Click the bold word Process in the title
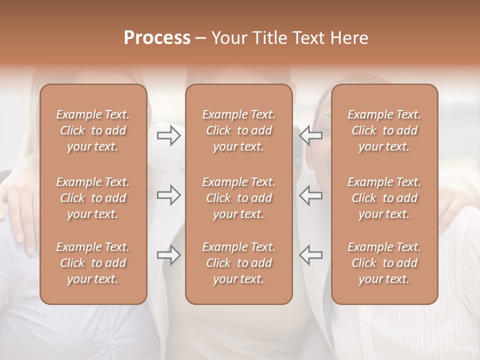coord(157,38)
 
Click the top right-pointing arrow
coord(169,135)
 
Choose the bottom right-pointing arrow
coord(169,255)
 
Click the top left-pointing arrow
coord(311,135)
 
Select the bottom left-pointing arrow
coord(311,255)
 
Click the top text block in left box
coord(93,130)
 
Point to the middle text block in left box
coord(93,198)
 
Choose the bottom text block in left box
coord(93,263)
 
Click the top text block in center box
coord(239,130)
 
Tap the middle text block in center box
coord(239,198)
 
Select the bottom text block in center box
coord(239,263)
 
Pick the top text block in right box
coord(384,130)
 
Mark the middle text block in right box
coord(384,198)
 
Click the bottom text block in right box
coord(384,263)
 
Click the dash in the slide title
coord(200,38)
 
